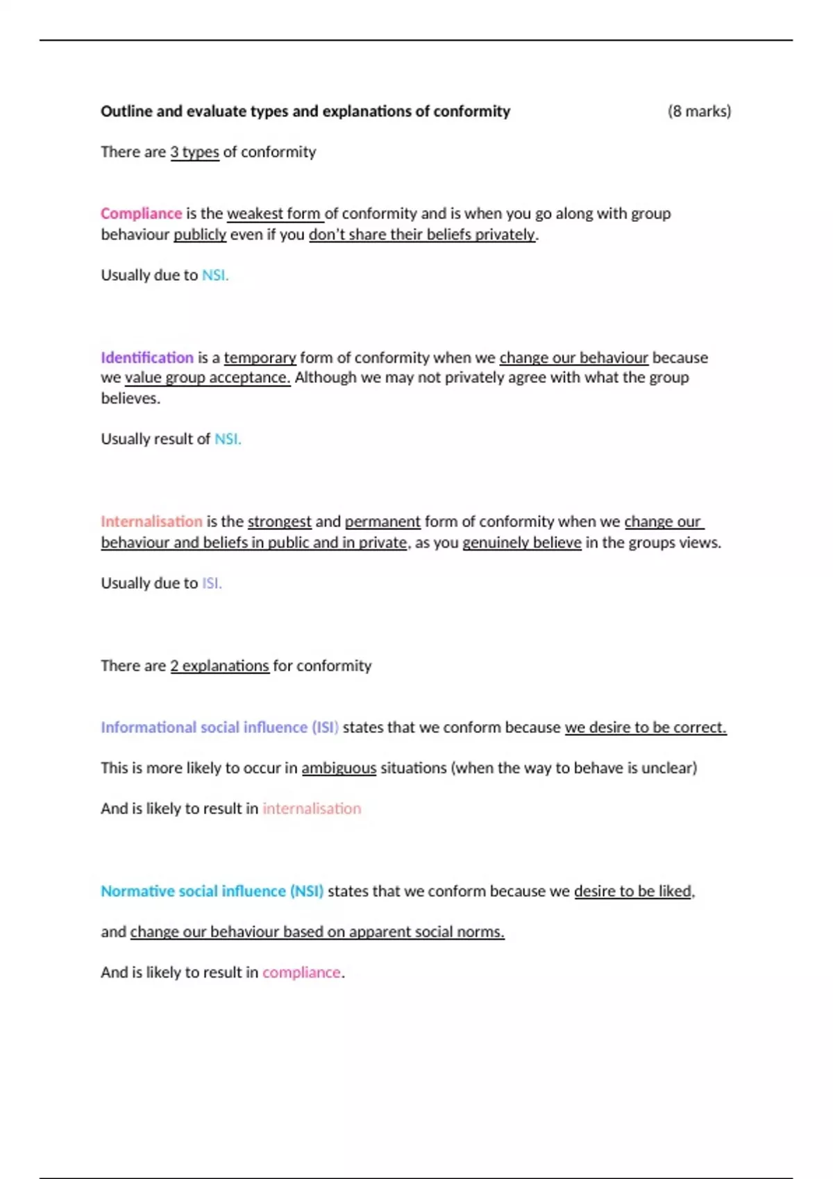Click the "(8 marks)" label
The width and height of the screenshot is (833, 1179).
coord(699,111)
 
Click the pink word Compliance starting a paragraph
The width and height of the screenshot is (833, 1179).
coord(141,214)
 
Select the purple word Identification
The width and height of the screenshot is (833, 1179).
coord(147,358)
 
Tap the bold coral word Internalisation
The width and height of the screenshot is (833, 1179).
coord(151,522)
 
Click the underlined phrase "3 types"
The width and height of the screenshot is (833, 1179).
coord(194,152)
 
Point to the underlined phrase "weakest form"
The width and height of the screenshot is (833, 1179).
coord(274,214)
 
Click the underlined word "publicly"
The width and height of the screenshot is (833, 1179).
coord(200,234)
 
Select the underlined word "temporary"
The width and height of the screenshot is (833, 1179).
coord(260,358)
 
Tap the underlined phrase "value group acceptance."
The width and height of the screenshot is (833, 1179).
coord(208,378)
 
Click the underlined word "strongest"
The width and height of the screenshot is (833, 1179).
coord(279,522)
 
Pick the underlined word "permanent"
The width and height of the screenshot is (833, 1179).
coord(382,522)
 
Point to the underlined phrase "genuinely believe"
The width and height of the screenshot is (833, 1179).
coord(522,542)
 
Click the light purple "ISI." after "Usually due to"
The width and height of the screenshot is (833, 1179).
coord(212,583)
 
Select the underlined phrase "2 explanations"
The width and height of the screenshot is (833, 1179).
coord(219,666)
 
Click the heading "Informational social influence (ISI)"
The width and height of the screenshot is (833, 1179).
coord(219,728)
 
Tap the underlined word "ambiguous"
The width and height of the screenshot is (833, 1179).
coord(339,768)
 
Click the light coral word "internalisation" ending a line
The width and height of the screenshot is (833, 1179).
coord(312,809)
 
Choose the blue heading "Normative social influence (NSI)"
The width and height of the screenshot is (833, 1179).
coord(212,891)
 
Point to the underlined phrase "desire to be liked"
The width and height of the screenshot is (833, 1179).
coord(633,891)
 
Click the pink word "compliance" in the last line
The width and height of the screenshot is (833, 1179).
coord(301,973)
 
